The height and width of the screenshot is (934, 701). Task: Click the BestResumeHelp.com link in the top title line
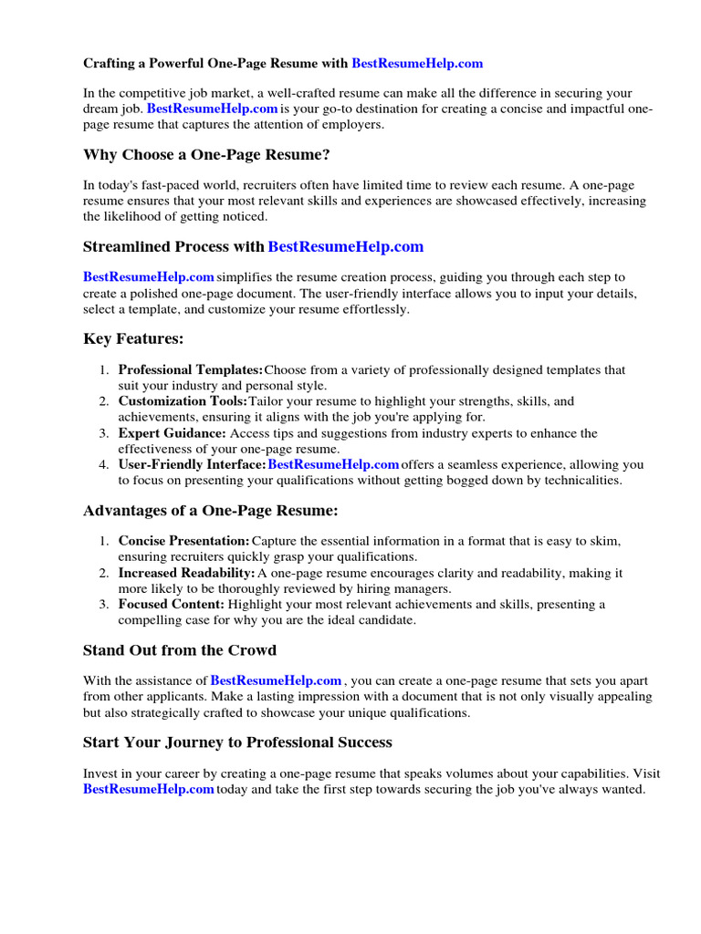click(417, 64)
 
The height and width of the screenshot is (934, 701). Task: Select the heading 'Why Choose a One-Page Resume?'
click(206, 155)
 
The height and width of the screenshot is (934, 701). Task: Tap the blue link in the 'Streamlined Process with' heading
click(346, 247)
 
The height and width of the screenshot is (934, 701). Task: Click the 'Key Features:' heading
click(133, 339)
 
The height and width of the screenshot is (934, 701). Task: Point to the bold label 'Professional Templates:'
click(191, 370)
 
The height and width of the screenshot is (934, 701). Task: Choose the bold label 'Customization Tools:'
click(183, 401)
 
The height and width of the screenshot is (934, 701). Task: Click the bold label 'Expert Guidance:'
click(172, 433)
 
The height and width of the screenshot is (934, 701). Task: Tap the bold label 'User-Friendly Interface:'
click(192, 464)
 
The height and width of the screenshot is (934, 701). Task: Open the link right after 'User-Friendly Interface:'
click(333, 464)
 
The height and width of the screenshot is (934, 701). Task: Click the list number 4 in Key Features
click(103, 464)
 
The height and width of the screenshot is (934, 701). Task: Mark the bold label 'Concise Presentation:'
click(183, 541)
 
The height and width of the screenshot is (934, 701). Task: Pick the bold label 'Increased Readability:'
click(186, 573)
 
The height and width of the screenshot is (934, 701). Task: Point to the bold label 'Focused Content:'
click(171, 604)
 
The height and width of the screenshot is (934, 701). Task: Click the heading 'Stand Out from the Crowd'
click(180, 650)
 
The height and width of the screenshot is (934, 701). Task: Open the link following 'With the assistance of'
click(277, 680)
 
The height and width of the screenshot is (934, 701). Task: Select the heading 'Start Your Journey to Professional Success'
click(237, 742)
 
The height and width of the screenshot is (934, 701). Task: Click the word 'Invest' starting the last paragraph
click(100, 773)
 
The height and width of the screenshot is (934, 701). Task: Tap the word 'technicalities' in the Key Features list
click(580, 480)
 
